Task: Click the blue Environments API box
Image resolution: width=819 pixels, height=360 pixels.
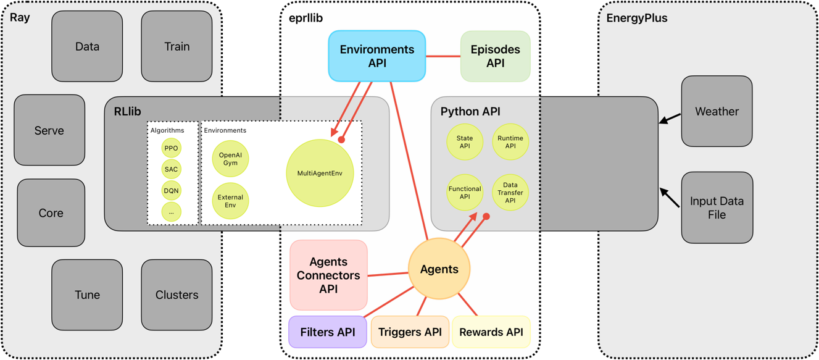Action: tap(376, 56)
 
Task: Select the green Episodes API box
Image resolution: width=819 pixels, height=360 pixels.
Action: tap(495, 56)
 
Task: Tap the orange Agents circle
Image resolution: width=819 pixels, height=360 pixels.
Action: tap(439, 269)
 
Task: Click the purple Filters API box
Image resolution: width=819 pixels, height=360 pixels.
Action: tap(328, 332)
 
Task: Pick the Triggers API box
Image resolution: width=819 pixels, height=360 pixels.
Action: tap(410, 332)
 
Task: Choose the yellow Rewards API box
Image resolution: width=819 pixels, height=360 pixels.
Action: tap(491, 332)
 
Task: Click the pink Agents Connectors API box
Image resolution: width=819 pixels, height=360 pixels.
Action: tap(328, 275)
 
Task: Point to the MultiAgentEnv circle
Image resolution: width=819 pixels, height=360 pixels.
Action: tap(320, 173)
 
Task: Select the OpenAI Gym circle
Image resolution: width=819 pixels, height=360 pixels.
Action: tap(230, 159)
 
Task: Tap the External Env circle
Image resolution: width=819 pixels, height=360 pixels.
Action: tap(230, 201)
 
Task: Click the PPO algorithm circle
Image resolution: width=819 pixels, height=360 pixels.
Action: tap(172, 148)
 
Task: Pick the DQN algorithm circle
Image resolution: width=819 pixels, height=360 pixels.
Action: tap(172, 190)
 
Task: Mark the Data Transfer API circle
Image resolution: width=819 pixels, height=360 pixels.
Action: tap(510, 192)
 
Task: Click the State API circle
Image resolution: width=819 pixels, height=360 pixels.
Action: tap(465, 142)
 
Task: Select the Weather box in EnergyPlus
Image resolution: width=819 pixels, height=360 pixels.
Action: tap(717, 111)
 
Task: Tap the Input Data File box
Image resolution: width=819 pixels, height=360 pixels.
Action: tap(717, 207)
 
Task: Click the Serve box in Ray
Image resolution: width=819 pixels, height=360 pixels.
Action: tap(49, 130)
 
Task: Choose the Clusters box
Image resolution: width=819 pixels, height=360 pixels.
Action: tap(177, 295)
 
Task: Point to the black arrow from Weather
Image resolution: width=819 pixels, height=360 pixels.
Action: tap(670, 118)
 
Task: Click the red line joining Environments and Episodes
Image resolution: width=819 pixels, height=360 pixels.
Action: tap(443, 57)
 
